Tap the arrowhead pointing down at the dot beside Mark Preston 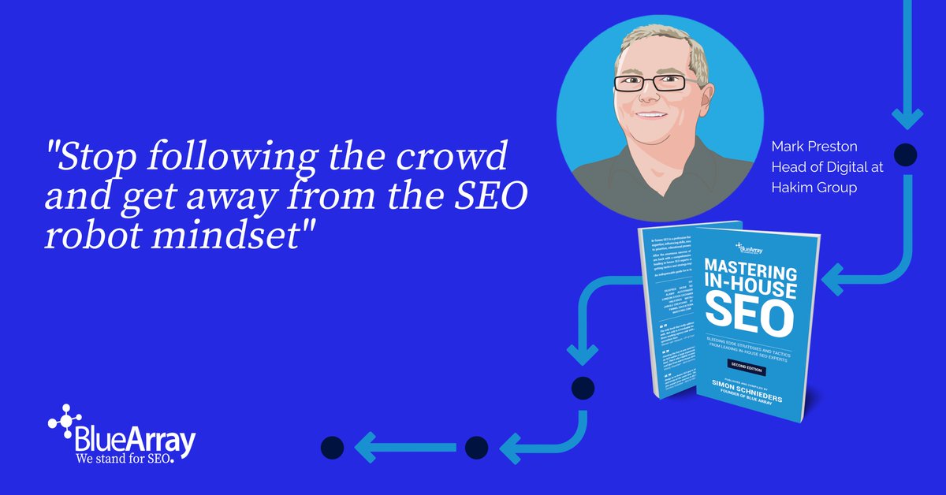point(907,118)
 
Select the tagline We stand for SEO point(122,458)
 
